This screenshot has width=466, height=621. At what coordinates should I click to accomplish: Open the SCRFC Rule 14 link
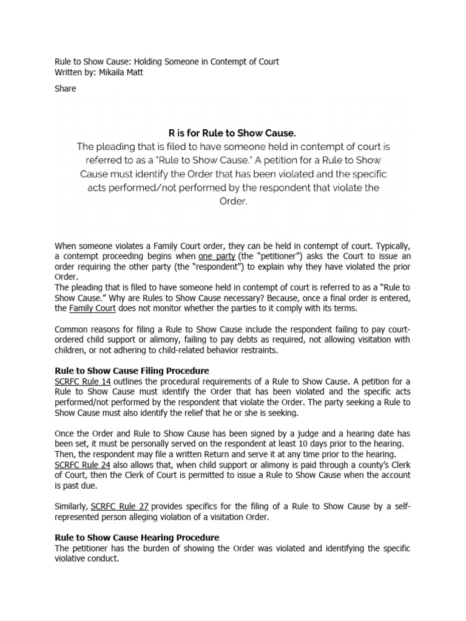pos(82,381)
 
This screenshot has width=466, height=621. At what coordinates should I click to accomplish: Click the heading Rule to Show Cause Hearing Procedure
pos(137,537)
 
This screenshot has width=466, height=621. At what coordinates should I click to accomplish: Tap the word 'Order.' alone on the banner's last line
pos(233,203)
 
